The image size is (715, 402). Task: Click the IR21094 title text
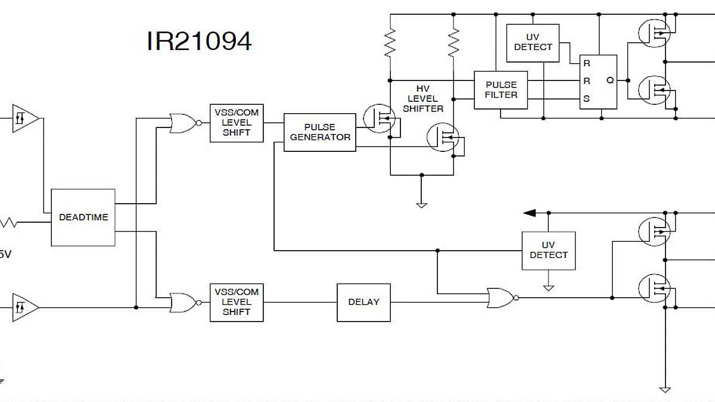[x=199, y=41]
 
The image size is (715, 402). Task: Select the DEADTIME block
[x=83, y=217]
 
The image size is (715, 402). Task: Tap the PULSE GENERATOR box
[x=320, y=132]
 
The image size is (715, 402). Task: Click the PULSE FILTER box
[x=500, y=90]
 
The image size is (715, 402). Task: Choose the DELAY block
[x=363, y=302]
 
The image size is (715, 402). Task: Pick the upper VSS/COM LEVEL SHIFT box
[x=237, y=123]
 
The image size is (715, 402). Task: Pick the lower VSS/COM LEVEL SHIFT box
[x=237, y=302]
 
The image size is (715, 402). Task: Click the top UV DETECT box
[x=533, y=43]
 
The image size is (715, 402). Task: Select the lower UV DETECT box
[x=548, y=250]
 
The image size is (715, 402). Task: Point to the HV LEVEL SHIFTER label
[x=423, y=99]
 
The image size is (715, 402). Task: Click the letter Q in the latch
[x=610, y=80]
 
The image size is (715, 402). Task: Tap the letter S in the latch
[x=587, y=99]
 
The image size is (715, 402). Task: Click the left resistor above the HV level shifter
[x=390, y=43]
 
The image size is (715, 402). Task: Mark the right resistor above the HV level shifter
[x=453, y=43]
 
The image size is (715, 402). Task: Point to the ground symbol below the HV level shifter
[x=421, y=205]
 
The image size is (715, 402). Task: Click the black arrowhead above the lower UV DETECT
[x=530, y=213]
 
